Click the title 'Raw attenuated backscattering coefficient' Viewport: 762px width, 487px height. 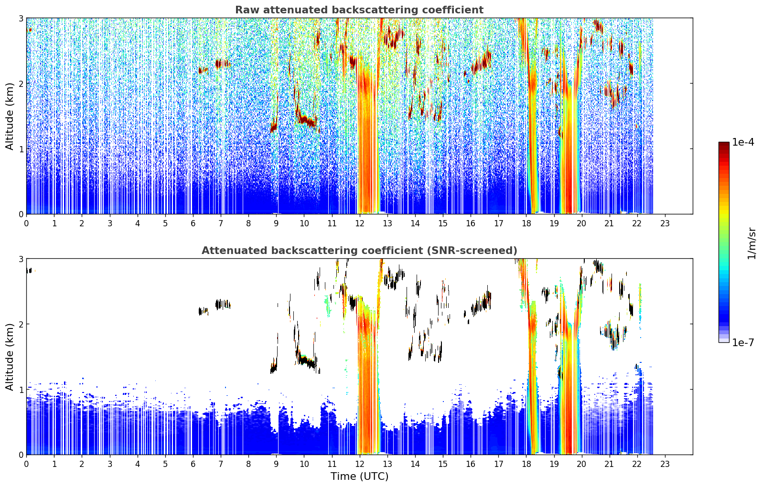click(359, 10)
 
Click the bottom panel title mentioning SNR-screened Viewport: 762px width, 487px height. click(359, 250)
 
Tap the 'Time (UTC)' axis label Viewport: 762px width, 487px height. click(359, 476)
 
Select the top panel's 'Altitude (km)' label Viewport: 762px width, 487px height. click(10, 116)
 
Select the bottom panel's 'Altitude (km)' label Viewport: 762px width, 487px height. click(10, 357)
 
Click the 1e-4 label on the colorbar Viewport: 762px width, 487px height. click(743, 142)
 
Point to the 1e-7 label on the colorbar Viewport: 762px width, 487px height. click(743, 342)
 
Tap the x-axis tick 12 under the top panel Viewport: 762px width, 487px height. click(360, 223)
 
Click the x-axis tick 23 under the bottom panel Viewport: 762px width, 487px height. click(665, 464)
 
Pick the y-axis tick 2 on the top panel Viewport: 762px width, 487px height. click(21, 84)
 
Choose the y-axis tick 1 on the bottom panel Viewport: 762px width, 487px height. click(21, 390)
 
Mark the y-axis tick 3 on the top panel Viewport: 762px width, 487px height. click(21, 18)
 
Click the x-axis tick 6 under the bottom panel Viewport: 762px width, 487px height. click(193, 464)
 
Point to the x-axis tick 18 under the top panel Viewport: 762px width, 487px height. click(526, 223)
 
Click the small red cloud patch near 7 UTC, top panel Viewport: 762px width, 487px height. click(223, 64)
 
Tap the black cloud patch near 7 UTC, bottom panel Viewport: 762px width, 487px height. click(223, 304)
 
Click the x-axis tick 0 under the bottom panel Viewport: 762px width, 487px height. click(27, 464)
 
